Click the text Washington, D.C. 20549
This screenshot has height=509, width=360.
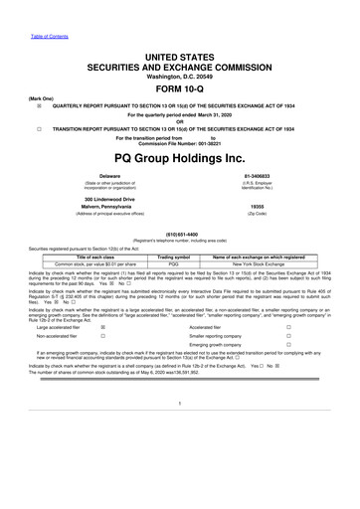point(179,47)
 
